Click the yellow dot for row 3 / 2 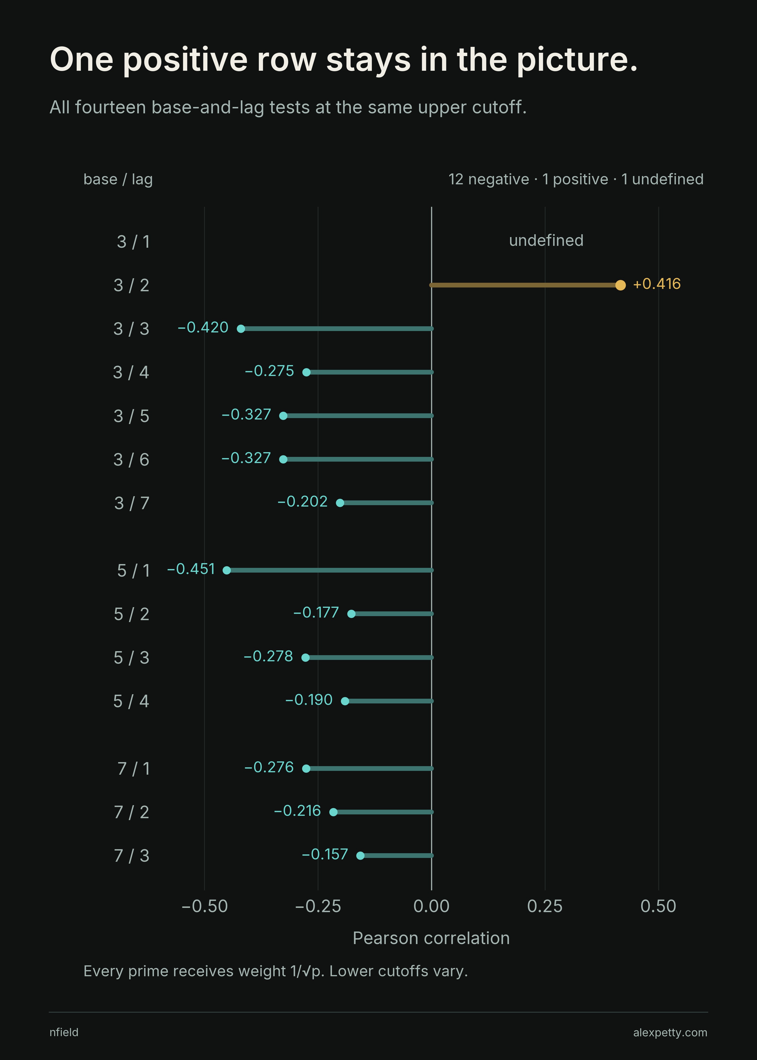(x=621, y=285)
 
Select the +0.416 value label (x=657, y=284)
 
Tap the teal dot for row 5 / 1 (x=227, y=570)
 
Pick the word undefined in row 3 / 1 (x=546, y=241)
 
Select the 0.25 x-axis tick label (x=545, y=906)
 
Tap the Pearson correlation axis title (x=431, y=938)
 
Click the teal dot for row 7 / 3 (x=360, y=855)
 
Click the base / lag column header (x=118, y=179)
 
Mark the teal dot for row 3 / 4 (x=306, y=372)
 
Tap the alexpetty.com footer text (x=670, y=1033)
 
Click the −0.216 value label (x=297, y=811)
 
